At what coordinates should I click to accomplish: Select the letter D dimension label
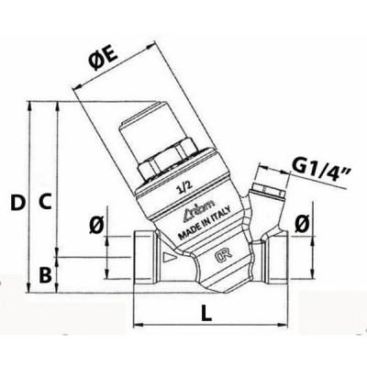click(x=17, y=200)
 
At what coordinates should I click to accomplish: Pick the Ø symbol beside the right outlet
click(x=302, y=223)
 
